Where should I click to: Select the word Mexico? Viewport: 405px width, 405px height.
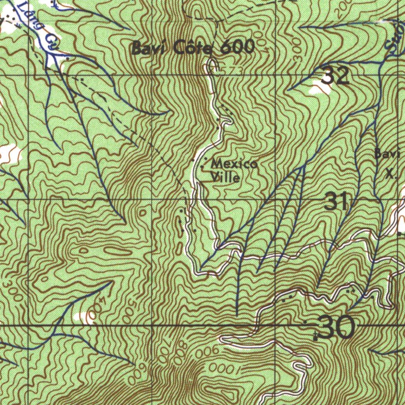(235, 163)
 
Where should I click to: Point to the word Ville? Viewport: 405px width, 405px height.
(225, 178)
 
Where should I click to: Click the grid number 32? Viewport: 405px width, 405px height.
(335, 76)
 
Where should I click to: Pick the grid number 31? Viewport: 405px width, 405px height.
(336, 202)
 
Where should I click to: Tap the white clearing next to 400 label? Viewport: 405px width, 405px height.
(82, 316)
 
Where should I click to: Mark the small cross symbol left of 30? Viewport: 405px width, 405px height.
(315, 336)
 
